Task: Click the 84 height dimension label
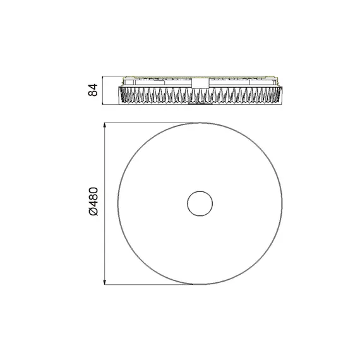click(x=93, y=90)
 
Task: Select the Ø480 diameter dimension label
click(x=93, y=202)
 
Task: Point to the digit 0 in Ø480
click(x=93, y=191)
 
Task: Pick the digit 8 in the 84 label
click(x=93, y=93)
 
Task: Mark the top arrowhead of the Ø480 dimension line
click(x=105, y=125)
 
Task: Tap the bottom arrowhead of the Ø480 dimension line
click(x=105, y=282)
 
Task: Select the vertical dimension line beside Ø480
click(x=105, y=203)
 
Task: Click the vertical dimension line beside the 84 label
click(x=102, y=90)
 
